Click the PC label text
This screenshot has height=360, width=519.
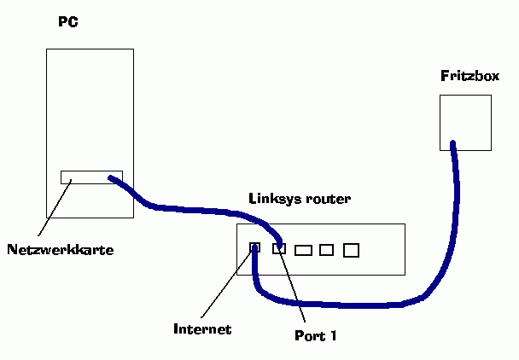68,22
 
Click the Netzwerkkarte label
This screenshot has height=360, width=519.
60,250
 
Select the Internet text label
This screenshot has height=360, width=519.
202,328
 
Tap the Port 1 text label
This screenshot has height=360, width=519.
315,335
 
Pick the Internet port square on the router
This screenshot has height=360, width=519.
254,248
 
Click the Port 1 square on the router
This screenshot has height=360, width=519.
278,249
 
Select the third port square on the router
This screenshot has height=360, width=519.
303,250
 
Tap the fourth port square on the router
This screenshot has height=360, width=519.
326,250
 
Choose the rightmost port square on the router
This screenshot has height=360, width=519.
352,250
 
